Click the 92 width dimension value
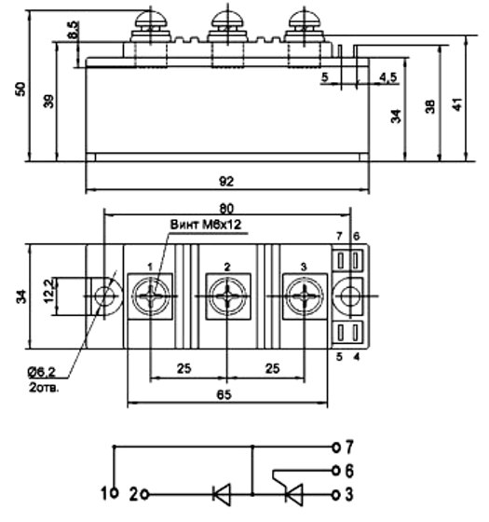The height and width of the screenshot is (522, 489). [226, 182]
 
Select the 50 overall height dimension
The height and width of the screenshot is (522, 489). [20, 89]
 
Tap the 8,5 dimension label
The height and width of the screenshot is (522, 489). [74, 30]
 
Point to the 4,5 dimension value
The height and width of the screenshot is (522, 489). [387, 77]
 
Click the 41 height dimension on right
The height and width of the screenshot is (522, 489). [457, 104]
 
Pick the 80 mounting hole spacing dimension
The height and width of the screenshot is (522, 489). [226, 209]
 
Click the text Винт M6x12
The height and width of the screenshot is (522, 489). [206, 225]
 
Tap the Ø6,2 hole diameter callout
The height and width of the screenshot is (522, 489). [42, 373]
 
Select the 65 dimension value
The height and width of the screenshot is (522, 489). [224, 395]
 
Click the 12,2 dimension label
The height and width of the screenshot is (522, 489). [48, 292]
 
